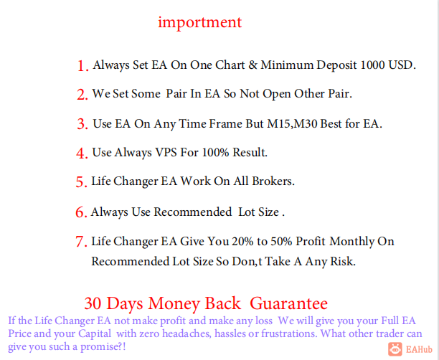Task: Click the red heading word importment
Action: click(x=199, y=22)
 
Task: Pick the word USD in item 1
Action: click(x=400, y=65)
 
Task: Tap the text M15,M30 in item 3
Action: click(x=292, y=124)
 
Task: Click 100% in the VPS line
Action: click(x=216, y=153)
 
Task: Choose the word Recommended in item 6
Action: click(x=193, y=212)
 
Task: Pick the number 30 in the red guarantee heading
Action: click(x=94, y=303)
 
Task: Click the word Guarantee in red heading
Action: click(x=288, y=303)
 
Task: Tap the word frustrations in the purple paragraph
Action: click(x=288, y=333)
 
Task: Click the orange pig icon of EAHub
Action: click(x=395, y=349)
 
